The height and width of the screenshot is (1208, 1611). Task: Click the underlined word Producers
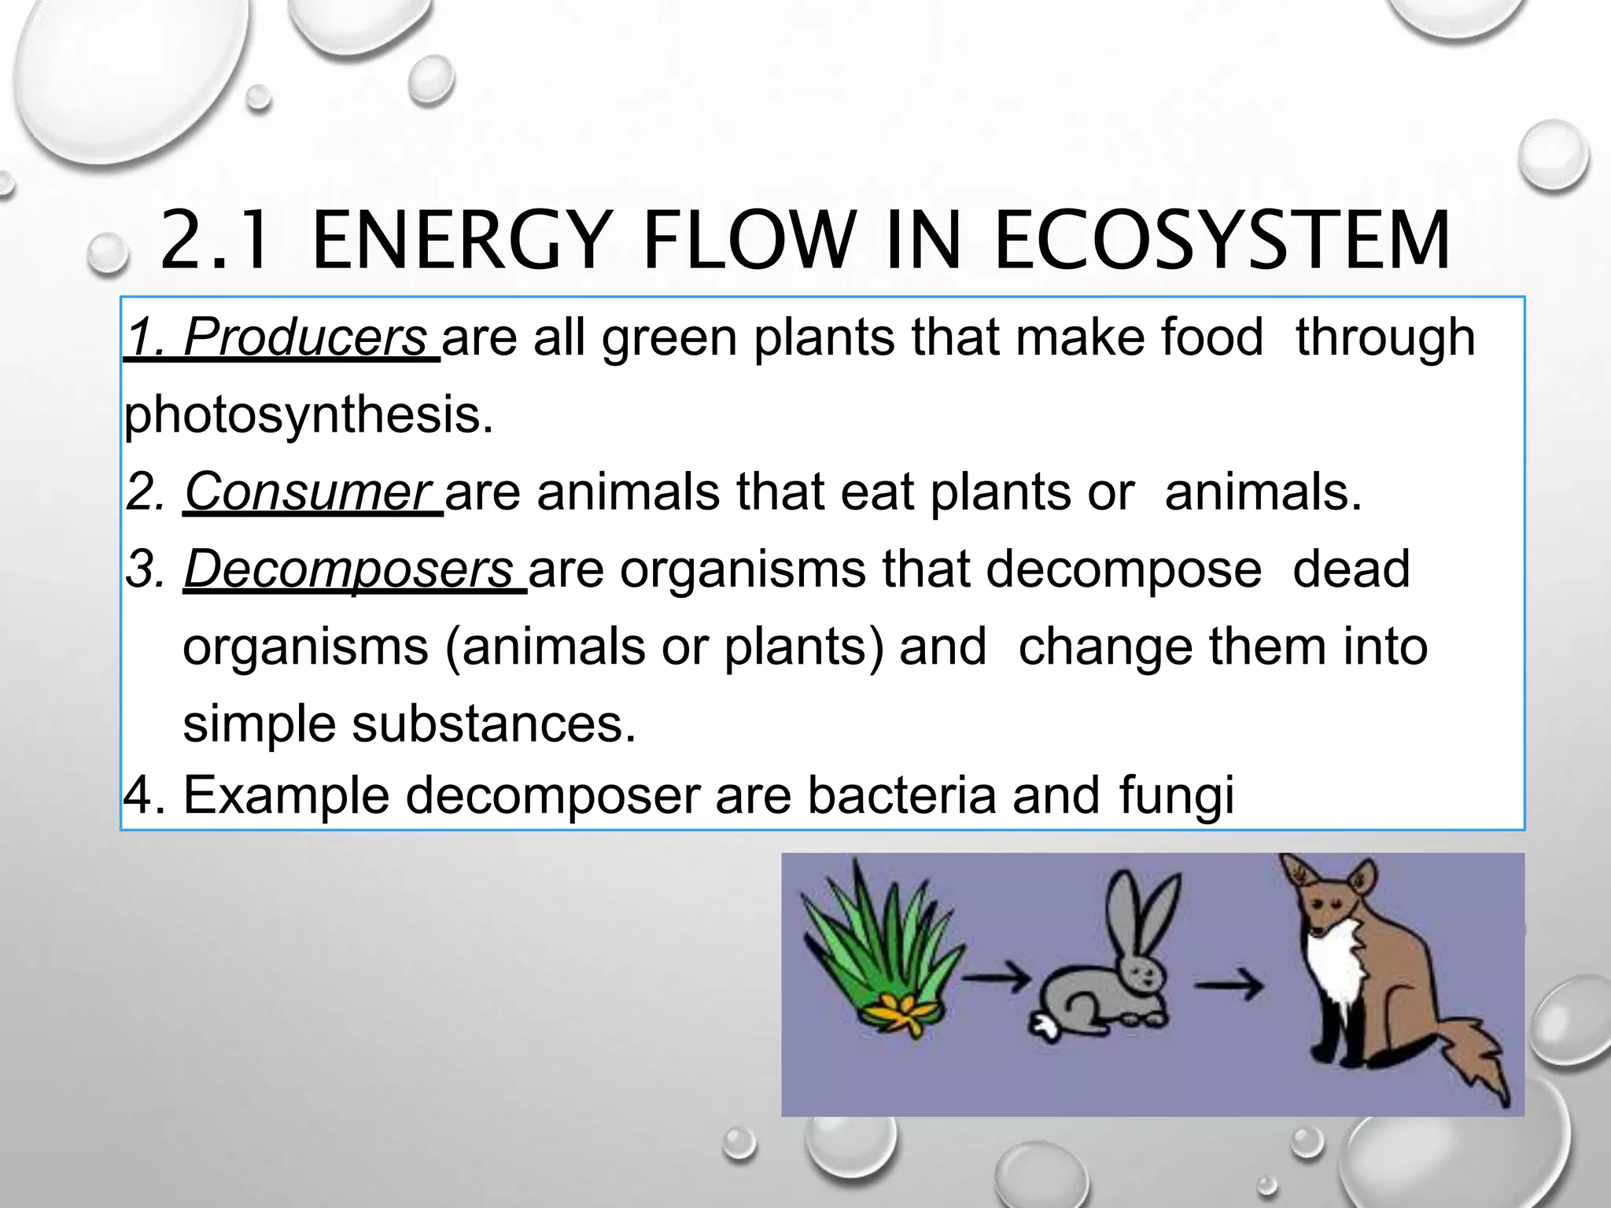coord(305,338)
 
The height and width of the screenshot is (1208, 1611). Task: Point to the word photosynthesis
coord(308,414)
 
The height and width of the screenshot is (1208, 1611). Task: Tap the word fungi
coord(1176,796)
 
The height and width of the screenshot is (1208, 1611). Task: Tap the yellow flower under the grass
coord(905,1015)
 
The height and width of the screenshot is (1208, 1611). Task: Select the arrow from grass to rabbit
coord(996,979)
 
